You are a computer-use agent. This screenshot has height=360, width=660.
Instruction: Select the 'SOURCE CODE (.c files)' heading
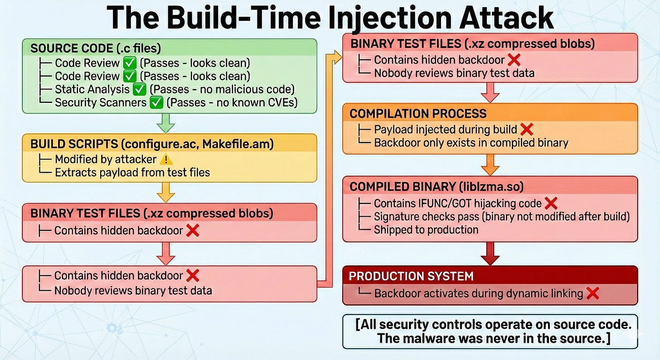(x=96, y=48)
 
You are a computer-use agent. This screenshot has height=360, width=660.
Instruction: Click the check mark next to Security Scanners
(x=156, y=103)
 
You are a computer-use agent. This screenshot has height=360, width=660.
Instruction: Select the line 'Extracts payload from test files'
(x=132, y=172)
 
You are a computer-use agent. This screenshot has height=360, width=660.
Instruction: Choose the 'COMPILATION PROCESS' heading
(x=418, y=113)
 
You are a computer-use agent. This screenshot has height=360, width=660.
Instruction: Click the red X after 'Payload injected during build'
(x=526, y=130)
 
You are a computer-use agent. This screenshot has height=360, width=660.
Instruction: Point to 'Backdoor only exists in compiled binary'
(x=471, y=143)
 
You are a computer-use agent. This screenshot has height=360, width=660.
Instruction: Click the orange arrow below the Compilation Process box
(x=490, y=164)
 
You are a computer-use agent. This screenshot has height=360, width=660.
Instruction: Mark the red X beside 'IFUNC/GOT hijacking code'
(x=550, y=204)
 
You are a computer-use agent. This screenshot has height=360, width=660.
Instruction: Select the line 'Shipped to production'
(x=426, y=230)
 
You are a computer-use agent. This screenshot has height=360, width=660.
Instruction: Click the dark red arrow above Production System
(x=490, y=253)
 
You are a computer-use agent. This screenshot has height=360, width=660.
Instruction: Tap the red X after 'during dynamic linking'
(x=592, y=293)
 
